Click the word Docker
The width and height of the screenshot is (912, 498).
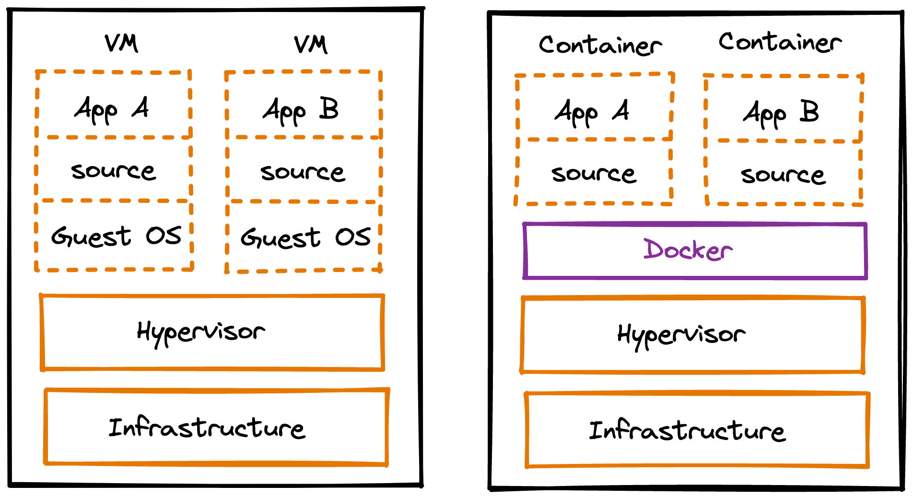(x=688, y=250)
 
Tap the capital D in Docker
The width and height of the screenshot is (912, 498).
(x=652, y=249)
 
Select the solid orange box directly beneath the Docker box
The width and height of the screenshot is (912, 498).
(x=693, y=334)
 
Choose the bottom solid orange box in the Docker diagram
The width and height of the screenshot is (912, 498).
(x=697, y=429)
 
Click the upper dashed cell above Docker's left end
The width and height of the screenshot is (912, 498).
(x=594, y=107)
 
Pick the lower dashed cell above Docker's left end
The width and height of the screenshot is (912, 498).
(x=594, y=172)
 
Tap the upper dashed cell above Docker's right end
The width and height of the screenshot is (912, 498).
(x=783, y=108)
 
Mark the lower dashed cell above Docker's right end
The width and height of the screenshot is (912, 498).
(x=783, y=173)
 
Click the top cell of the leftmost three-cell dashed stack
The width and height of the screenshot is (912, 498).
(x=113, y=105)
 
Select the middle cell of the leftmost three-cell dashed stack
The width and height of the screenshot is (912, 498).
(x=113, y=169)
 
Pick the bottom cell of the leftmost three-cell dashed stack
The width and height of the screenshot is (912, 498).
(x=113, y=235)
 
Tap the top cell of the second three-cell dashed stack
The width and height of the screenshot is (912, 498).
(x=304, y=105)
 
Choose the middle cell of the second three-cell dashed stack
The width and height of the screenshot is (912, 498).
(x=304, y=169)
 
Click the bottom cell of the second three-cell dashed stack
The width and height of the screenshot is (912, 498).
(x=304, y=236)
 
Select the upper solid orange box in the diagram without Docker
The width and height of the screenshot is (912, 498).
(x=212, y=332)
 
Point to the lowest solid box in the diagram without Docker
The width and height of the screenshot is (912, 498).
(x=216, y=427)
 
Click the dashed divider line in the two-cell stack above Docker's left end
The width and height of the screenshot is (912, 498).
(x=595, y=140)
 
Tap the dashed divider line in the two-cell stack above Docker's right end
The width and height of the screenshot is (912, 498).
(x=786, y=141)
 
